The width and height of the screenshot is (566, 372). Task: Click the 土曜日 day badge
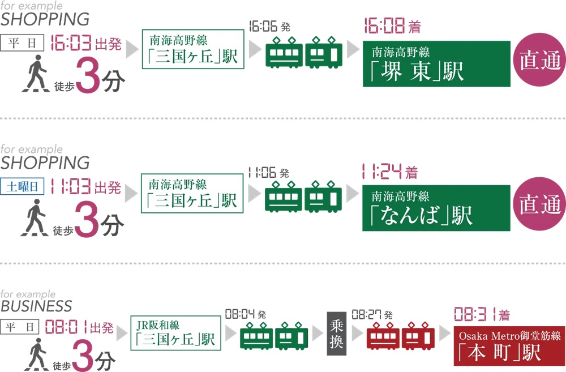[22, 186]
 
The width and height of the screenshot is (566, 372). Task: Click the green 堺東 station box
[436, 63]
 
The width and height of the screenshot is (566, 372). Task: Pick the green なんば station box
[436, 208]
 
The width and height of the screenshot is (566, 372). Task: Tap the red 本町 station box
[510, 345]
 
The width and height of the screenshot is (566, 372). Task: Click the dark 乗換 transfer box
[336, 333]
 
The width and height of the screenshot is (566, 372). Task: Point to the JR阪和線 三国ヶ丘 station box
[175, 333]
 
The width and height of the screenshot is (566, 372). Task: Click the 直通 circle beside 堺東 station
[539, 60]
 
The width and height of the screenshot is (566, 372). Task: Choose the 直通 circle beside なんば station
[539, 204]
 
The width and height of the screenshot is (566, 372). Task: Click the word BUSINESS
[36, 306]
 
